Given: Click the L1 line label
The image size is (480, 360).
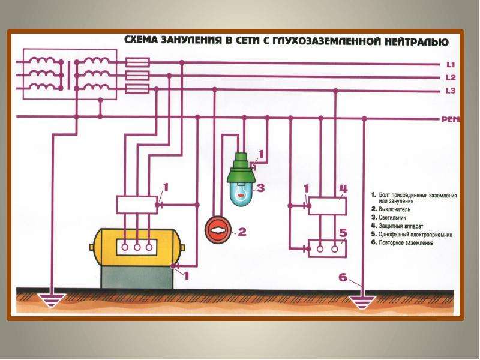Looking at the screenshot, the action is coord(451,65).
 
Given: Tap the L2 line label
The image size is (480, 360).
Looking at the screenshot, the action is coord(451,78).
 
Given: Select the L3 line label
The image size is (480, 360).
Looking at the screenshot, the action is coord(451,91).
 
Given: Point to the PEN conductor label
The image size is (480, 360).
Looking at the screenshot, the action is coord(451,119).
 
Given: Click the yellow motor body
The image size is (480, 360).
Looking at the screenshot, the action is coord(137,247).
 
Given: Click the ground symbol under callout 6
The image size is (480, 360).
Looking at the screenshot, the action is coord(364,302).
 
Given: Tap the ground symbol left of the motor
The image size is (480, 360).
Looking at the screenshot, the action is coord(52,301).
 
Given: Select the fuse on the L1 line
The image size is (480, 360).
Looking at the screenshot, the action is coord(138,62).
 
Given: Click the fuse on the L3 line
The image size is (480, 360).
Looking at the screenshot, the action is coord(138,89).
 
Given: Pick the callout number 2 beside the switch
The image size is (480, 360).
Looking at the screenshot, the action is coord(242,232).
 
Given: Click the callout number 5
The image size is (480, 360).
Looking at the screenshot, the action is coord(343,233).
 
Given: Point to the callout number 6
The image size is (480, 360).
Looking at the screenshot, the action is coord(343,277).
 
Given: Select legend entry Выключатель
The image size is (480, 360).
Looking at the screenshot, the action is coord(391,209).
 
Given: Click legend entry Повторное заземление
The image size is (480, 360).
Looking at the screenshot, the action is coord(402,243).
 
